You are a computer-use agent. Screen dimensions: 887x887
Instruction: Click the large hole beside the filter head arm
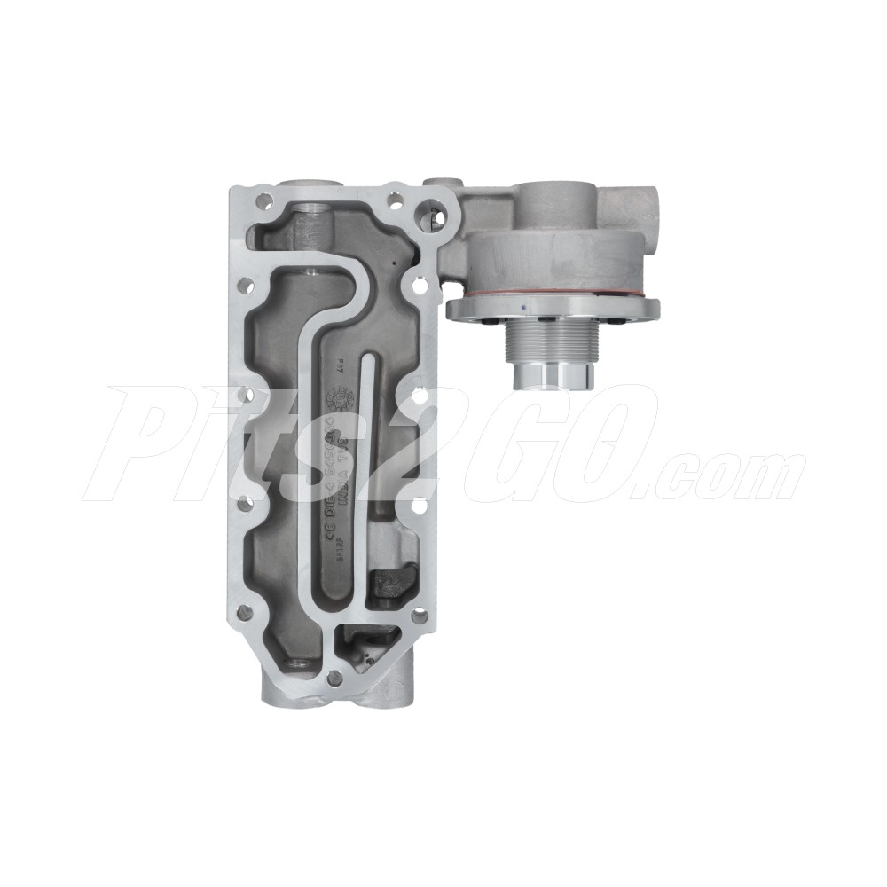point(425,213)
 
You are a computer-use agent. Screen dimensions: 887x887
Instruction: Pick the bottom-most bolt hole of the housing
point(334,679)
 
